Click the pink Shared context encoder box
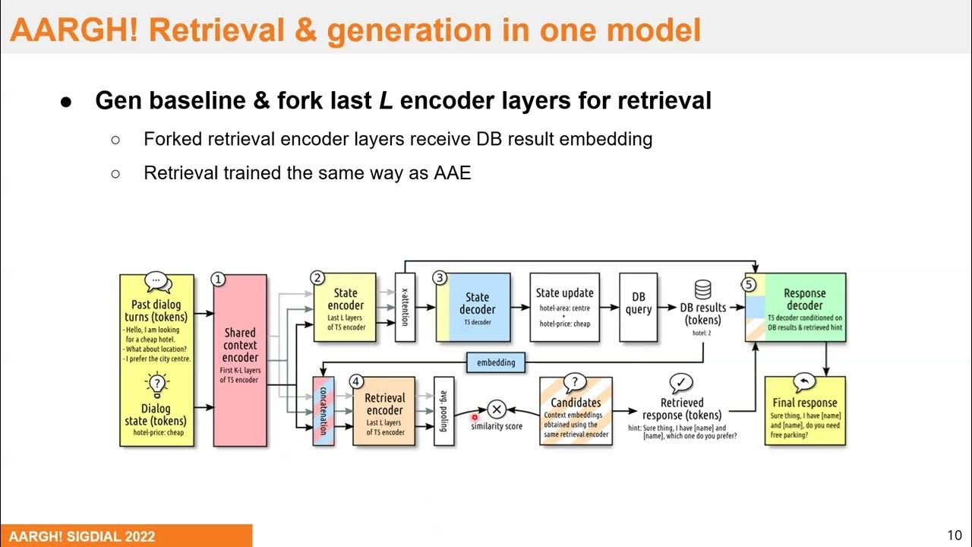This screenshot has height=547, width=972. coord(240,360)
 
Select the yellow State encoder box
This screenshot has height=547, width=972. coord(346,308)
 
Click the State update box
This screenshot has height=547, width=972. coord(564,307)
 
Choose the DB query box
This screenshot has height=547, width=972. coord(638,307)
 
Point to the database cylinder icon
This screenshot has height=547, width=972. coord(703,289)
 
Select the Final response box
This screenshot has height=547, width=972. coord(805,410)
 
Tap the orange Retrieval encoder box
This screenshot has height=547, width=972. coord(384,411)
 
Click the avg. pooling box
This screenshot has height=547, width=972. coord(444,411)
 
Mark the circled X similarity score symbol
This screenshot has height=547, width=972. coord(497,409)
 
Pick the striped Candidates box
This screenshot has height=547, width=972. coord(576,411)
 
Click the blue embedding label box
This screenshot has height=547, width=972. coord(496,362)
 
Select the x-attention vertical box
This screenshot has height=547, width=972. coord(406,307)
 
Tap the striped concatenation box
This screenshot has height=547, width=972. coord(323,411)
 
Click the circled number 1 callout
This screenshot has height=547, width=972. coord(218,280)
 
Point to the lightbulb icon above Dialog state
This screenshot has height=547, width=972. coord(156,384)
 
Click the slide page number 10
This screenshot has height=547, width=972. coord(954,534)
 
